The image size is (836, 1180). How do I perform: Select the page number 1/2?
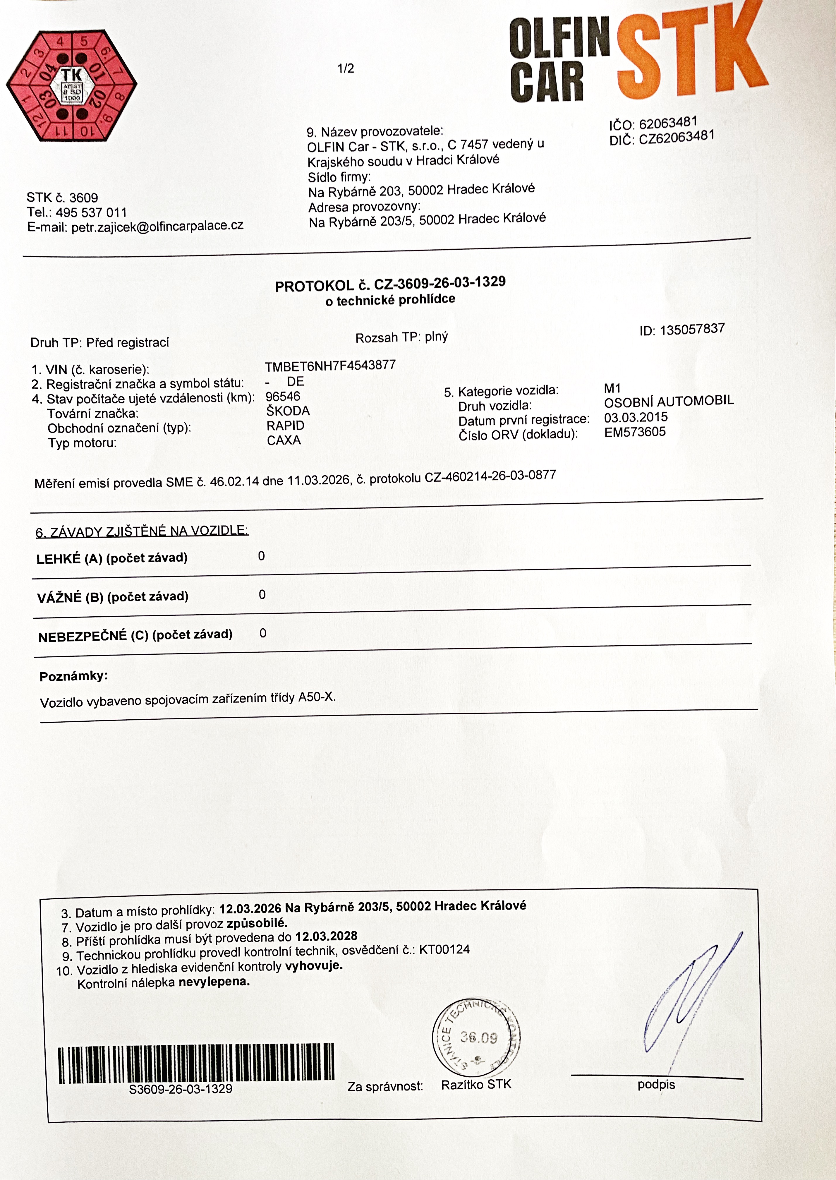tap(345, 68)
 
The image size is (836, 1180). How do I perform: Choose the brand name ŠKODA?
tap(288, 411)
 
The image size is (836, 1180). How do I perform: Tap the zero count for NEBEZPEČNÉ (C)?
tap(262, 633)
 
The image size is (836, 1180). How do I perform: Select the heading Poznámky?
tap(74, 676)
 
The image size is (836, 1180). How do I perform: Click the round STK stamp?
tap(476, 1037)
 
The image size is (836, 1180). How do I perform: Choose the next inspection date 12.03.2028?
tap(326, 935)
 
